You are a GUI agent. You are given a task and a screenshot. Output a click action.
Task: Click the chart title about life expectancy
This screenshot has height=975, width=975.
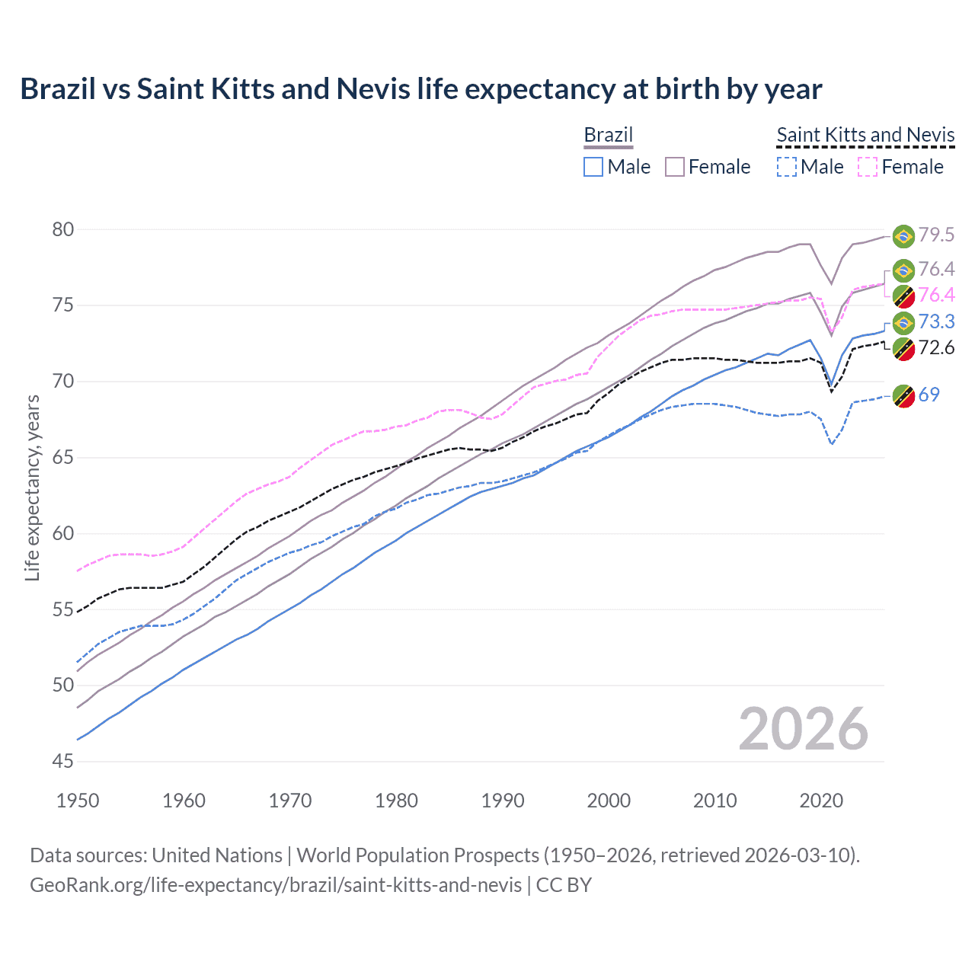(420, 89)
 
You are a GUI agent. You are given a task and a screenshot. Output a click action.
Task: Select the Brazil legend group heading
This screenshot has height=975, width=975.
(608, 135)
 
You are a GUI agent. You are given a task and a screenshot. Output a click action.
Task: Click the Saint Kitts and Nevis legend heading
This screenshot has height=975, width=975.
(865, 135)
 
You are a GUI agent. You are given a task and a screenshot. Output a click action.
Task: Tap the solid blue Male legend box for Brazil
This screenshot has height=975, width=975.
(593, 167)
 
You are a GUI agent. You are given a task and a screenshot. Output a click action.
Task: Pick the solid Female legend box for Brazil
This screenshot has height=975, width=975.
(675, 167)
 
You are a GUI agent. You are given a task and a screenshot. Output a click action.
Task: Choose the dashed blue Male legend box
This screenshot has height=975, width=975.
(787, 167)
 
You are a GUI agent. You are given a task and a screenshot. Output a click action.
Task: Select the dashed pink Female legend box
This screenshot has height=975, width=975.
(868, 167)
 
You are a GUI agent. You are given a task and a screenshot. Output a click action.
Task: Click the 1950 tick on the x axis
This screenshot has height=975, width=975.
(78, 801)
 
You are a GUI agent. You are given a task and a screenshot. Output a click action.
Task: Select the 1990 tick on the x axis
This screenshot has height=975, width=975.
(503, 801)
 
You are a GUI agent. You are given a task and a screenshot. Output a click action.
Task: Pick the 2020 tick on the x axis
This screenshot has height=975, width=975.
(821, 801)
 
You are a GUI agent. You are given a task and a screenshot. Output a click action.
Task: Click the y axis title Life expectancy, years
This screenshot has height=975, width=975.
(32, 487)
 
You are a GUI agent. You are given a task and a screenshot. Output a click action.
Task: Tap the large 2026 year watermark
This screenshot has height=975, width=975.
(803, 729)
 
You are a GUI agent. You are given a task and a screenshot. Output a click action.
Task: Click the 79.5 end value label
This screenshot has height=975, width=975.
(936, 235)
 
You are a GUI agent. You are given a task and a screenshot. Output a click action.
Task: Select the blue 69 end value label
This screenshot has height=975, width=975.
(929, 395)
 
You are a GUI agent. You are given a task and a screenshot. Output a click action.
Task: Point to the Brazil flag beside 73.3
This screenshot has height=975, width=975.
(903, 323)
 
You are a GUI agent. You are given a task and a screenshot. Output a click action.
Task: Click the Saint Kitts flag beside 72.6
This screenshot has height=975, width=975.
(903, 349)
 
